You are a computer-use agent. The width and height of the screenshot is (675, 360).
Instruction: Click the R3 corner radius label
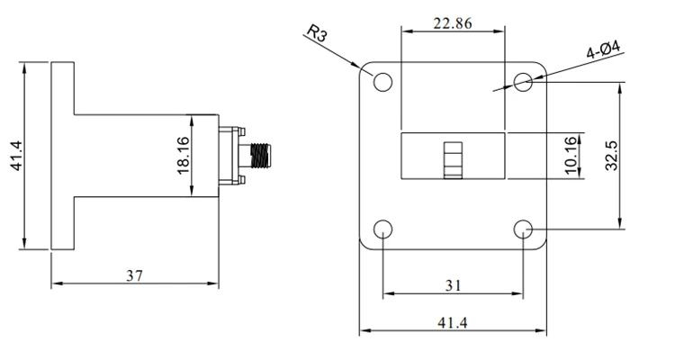pyautogui.click(x=318, y=32)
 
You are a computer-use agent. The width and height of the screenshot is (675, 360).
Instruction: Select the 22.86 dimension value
pyautogui.click(x=453, y=23)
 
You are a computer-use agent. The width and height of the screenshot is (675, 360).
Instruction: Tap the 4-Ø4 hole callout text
pyautogui.click(x=604, y=49)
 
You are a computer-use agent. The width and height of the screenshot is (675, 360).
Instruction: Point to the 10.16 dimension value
pyautogui.click(x=570, y=156)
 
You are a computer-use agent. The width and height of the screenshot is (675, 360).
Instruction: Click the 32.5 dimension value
pyautogui.click(x=611, y=156)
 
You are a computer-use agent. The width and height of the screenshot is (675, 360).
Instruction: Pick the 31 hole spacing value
pyautogui.click(x=453, y=285)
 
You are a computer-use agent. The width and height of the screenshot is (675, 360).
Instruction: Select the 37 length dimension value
pyautogui.click(x=134, y=275)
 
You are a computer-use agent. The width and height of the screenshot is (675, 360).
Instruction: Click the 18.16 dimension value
pyautogui.click(x=183, y=155)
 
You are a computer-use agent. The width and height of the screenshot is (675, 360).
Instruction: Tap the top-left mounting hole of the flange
pyautogui.click(x=382, y=82)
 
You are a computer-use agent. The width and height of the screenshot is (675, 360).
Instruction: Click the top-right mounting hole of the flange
pyautogui.click(x=523, y=82)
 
